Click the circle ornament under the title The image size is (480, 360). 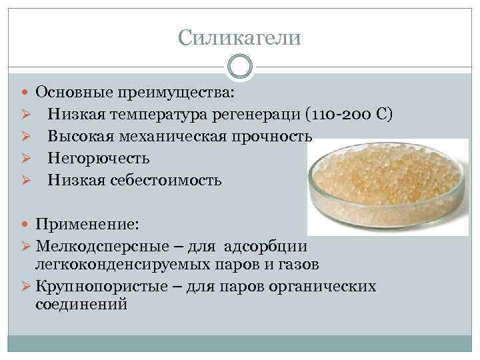pyautogui.click(x=240, y=66)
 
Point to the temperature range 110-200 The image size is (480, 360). pyautogui.click(x=339, y=114)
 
